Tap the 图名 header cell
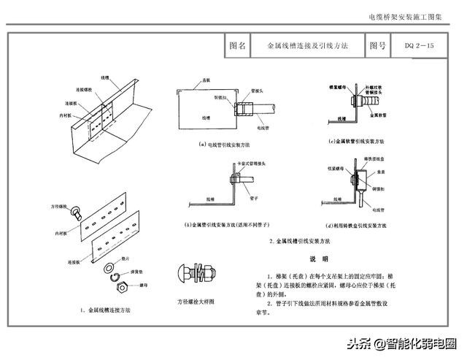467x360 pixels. pyautogui.click(x=237, y=45)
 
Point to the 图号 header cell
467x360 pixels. pyautogui.click(x=377, y=45)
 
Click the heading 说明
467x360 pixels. pyautogui.click(x=320, y=259)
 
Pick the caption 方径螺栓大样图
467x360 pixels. pyautogui.click(x=195, y=301)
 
